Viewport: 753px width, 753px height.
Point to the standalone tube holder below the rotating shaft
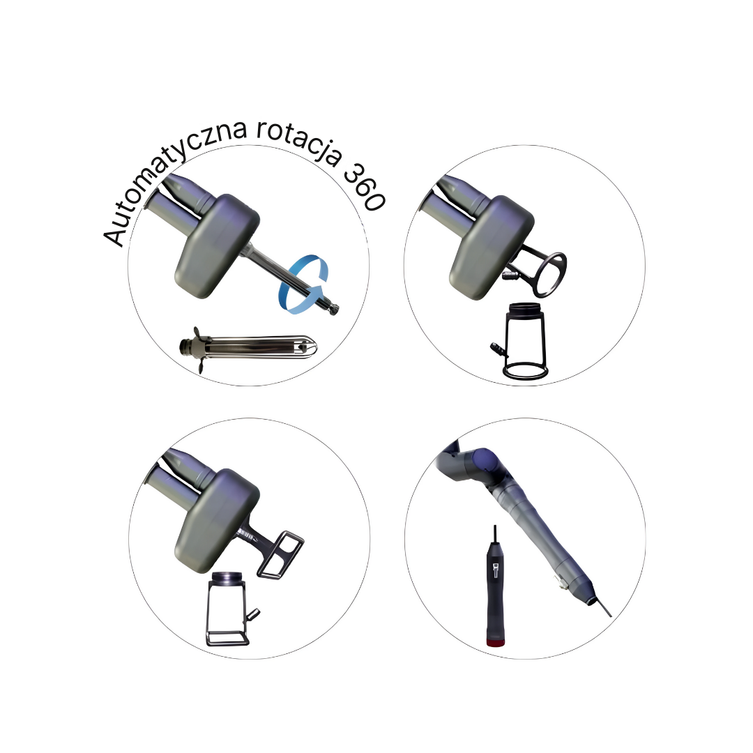pyautogui.click(x=248, y=348)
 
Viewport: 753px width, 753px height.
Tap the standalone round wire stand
pyautogui.click(x=524, y=342)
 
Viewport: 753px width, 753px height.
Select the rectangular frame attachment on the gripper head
pyautogui.click(x=281, y=555)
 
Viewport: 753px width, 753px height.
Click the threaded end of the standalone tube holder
pyautogui.click(x=186, y=347)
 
